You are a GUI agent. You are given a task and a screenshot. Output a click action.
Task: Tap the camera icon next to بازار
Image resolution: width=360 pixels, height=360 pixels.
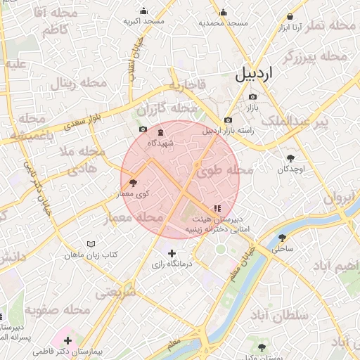click(x=252, y=96)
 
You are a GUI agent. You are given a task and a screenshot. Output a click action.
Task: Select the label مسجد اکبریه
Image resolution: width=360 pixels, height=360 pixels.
click(x=143, y=22)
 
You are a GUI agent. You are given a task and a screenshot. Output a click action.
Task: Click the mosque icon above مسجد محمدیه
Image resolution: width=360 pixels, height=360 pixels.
click(x=224, y=12)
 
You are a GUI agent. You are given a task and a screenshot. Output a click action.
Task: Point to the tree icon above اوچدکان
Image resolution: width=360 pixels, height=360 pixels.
click(x=290, y=157)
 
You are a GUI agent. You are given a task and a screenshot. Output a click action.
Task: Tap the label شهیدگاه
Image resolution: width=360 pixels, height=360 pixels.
click(x=160, y=143)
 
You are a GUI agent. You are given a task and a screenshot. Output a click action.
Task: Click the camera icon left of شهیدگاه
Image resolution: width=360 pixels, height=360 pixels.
click(x=143, y=129)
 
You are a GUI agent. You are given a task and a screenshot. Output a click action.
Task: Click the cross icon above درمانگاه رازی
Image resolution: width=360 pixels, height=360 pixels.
click(x=172, y=253)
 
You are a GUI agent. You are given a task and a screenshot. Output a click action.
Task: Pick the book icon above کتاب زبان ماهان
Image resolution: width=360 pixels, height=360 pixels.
click(x=90, y=243)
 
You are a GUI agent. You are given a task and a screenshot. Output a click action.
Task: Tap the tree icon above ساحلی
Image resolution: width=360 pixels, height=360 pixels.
click(x=282, y=238)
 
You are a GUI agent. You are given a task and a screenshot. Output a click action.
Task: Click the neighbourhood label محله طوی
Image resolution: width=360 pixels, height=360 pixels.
click(x=224, y=170)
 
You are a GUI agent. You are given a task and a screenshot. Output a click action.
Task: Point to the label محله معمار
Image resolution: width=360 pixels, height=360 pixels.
click(x=134, y=219)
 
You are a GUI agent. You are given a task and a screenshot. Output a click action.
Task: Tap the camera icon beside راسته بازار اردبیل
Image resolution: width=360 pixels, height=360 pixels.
click(x=228, y=120)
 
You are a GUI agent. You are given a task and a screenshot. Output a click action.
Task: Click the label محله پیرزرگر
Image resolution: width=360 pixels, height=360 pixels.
click(x=316, y=57)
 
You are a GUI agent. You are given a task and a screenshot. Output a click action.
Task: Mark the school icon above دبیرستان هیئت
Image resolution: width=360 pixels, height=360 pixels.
click(x=217, y=208)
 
